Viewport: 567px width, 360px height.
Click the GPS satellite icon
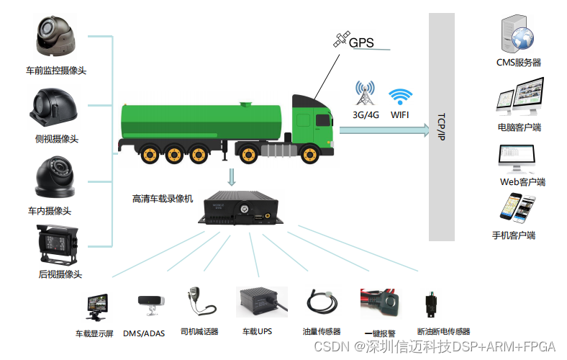pyautogui.click(x=340, y=40)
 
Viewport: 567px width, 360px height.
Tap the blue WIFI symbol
pyautogui.click(x=400, y=97)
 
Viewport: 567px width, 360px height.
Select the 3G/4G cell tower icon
pyautogui.click(x=365, y=94)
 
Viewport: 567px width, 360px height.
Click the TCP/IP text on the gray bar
pyautogui.click(x=441, y=126)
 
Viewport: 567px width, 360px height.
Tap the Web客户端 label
pyautogui.click(x=522, y=182)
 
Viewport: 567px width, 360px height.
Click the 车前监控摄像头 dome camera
pyautogui.click(x=56, y=37)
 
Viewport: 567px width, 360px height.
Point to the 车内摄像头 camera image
pyautogui.click(x=55, y=177)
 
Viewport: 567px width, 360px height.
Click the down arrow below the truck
pyautogui.click(x=232, y=176)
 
